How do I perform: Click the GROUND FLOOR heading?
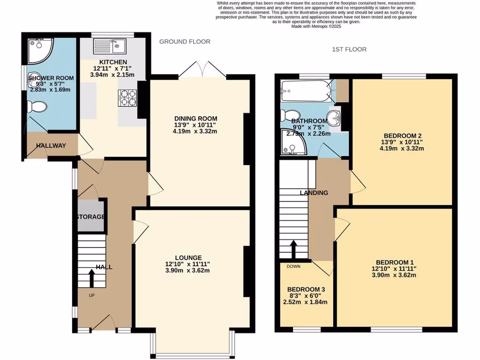coord(185,42)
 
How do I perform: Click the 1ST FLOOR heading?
coord(349,49)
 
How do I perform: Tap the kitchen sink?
coord(108,46)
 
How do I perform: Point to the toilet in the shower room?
coord(37,107)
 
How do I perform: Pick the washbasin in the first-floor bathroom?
coord(334,117)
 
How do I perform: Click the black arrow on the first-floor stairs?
coord(293,249)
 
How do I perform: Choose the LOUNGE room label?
coord(188,257)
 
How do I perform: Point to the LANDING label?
coord(314,193)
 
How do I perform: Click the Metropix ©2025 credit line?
coord(316,27)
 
